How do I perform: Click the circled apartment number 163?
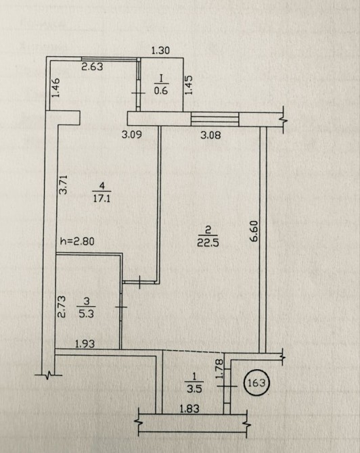coord(256,383)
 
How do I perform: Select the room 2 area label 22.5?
coord(208,242)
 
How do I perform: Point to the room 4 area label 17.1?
coord(102,198)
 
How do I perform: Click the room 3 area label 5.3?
coord(87,314)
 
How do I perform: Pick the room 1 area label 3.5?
coord(194,389)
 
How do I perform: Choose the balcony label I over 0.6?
coord(161,85)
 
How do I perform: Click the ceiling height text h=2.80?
coord(77,241)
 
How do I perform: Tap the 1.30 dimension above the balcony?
coord(160,51)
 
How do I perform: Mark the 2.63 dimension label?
coord(92,67)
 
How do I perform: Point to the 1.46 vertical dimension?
coord(55,88)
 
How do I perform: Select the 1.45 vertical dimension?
coord(189,85)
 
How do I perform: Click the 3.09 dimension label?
coord(132,135)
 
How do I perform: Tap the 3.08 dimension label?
coord(211,135)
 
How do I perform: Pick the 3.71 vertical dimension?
coord(63,185)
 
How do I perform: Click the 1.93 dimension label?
coord(85,343)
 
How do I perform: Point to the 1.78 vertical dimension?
coord(220,368)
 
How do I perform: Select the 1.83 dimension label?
coord(189,408)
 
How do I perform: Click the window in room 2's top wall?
coord(215,119)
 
